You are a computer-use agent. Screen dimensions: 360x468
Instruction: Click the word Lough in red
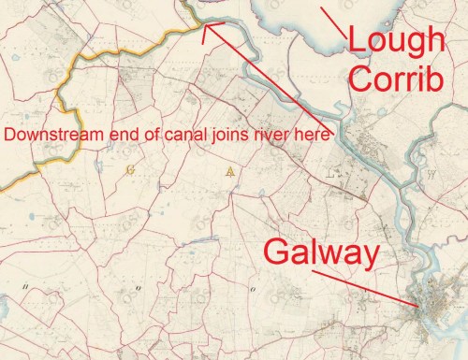(x=395, y=41)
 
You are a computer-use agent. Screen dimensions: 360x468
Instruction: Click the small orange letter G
(x=129, y=169)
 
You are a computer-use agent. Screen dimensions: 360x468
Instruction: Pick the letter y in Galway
(x=363, y=257)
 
